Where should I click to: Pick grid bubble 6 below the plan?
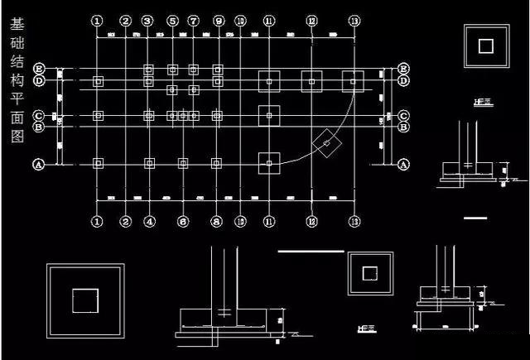[x=183, y=221]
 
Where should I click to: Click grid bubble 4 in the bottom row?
[x=149, y=221]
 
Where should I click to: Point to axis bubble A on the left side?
[x=38, y=164]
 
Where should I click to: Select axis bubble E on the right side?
[x=403, y=68]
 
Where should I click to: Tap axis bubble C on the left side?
[x=38, y=116]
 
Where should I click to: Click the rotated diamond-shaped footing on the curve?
[x=327, y=145]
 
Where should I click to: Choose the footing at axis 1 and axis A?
[x=98, y=163]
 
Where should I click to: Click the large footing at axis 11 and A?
[x=269, y=163]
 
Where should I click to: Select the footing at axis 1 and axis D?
[x=98, y=81]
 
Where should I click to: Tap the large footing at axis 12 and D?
[x=311, y=81]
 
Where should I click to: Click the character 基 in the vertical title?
[x=17, y=20]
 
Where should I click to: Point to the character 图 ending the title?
[x=17, y=139]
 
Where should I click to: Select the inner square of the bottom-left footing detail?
[x=85, y=300]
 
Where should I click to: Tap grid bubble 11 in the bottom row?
[x=269, y=221]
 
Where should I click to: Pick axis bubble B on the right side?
[x=403, y=127]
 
